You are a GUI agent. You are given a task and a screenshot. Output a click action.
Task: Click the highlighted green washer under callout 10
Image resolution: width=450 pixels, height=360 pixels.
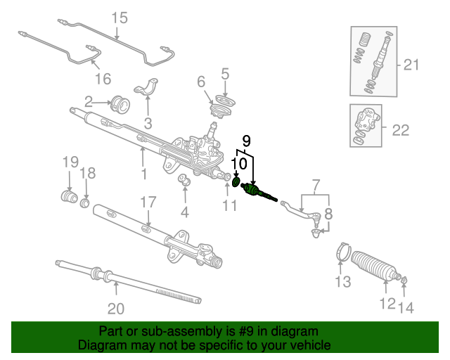coord(236,181)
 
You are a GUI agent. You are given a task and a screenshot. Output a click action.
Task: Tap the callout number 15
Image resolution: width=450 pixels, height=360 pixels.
coord(120,18)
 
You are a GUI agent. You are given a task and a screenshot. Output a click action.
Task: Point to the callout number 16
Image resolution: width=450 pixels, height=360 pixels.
coord(103,79)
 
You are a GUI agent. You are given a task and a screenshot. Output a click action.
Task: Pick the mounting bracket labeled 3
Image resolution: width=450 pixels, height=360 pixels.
coord(146,88)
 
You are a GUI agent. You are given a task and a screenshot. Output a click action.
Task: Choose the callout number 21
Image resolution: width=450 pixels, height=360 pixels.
coord(411,65)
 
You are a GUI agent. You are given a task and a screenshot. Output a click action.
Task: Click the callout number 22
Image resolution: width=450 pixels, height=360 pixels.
coord(401,130)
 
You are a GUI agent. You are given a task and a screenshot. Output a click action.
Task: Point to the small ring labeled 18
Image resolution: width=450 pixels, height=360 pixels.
coord(84,203)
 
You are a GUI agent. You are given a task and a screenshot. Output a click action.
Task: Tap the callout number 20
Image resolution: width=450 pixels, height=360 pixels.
coord(116,309)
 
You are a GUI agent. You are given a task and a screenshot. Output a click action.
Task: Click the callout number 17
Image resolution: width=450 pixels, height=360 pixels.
coord(148,202)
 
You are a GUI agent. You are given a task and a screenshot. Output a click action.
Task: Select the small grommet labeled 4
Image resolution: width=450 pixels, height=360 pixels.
coord(184,179)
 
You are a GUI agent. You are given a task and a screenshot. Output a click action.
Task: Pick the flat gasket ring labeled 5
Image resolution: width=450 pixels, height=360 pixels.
coord(225,101)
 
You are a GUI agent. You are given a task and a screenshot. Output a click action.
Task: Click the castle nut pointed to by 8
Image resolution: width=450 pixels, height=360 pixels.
coord(316,233)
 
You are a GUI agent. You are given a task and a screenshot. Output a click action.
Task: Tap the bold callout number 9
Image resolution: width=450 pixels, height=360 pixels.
coord(247,141)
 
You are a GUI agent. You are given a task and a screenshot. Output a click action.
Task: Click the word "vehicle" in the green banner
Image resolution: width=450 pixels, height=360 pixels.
coord(309,345)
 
